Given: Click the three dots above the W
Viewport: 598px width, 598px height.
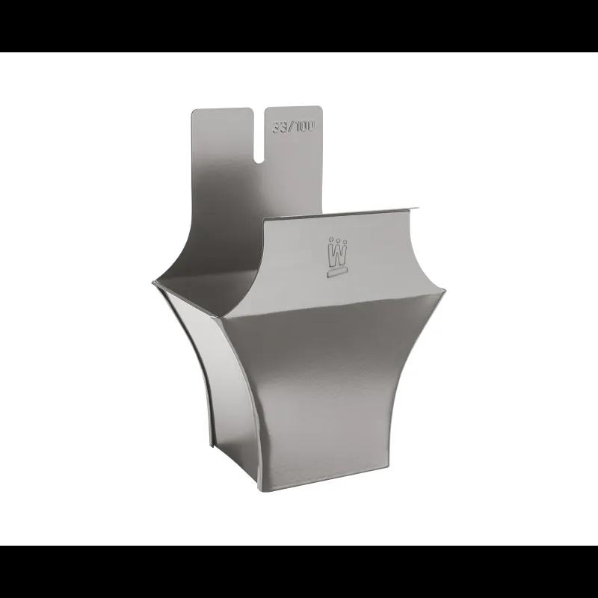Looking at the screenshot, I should [338, 241].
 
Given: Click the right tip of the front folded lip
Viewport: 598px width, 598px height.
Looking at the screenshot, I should [419, 209].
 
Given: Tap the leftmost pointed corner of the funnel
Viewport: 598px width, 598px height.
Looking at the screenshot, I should [152, 282].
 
